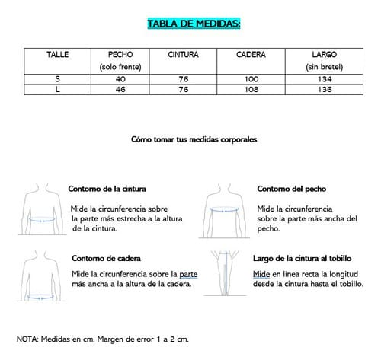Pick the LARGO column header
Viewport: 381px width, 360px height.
click(324, 56)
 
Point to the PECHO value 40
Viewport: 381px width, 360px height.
click(120, 78)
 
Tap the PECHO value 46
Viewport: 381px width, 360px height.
click(120, 89)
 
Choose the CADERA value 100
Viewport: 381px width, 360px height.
click(251, 78)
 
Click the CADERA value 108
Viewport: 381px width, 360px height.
click(251, 89)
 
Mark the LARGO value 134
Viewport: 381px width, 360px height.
click(324, 78)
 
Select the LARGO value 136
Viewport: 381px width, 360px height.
click(324, 89)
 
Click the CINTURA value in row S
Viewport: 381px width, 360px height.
click(184, 78)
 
